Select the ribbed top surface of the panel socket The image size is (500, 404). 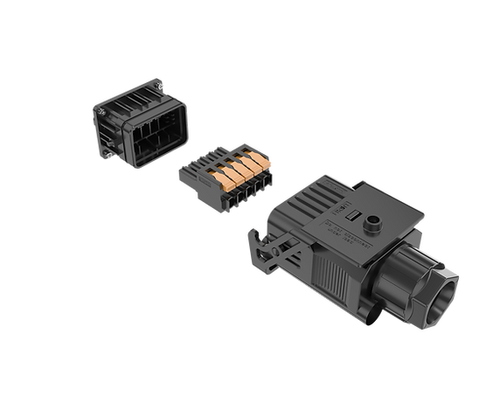click(x=124, y=97)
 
